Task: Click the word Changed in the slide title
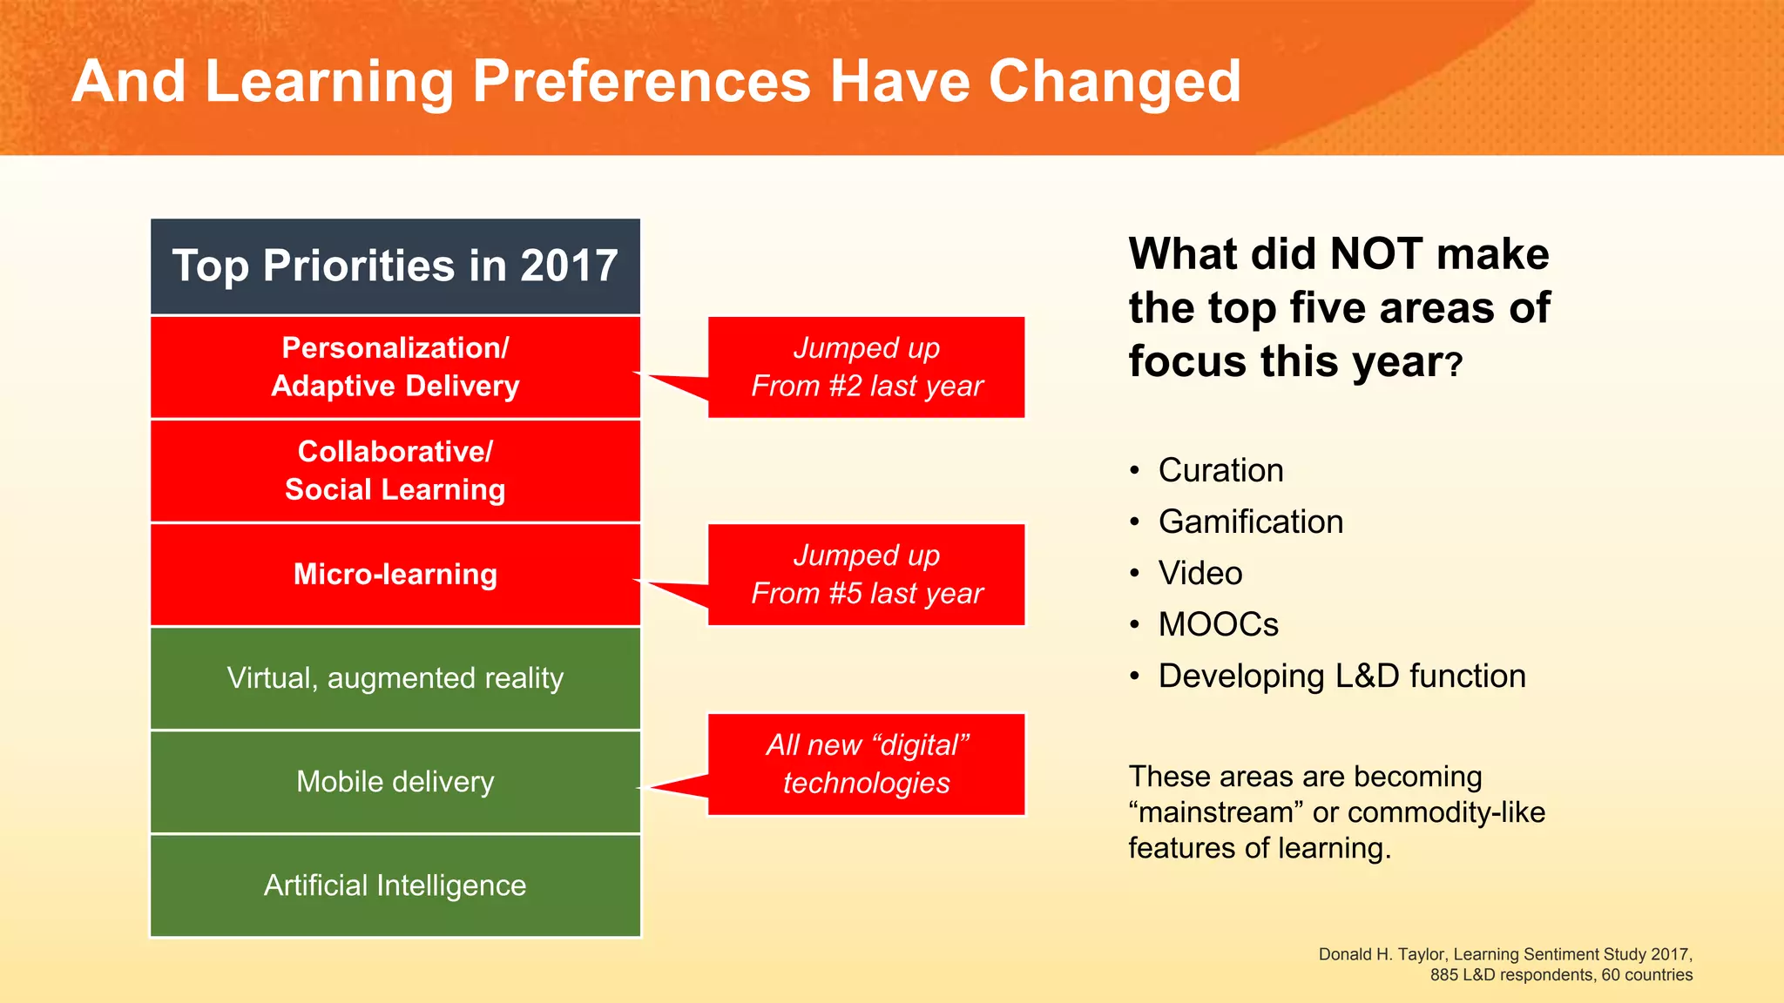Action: [x=1114, y=81]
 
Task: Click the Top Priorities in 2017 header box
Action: [x=395, y=266]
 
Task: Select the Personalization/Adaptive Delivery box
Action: [x=395, y=367]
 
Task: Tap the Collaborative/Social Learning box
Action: [x=395, y=470]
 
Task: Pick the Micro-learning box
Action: [x=395, y=575]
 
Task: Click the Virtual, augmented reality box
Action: [x=395, y=678]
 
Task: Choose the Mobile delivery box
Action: [x=395, y=782]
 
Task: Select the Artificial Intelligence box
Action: [x=395, y=885]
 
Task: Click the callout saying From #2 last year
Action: [x=866, y=367]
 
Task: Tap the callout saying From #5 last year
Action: [x=866, y=575]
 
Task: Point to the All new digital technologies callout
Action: [x=866, y=764]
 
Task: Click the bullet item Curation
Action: [x=1220, y=470]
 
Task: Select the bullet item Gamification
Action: [x=1250, y=522]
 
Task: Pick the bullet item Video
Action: [x=1199, y=573]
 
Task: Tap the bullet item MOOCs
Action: [x=1218, y=624]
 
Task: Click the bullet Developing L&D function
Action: [x=1341, y=676]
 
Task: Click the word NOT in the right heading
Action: [x=1376, y=254]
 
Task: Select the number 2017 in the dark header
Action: [x=569, y=266]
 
